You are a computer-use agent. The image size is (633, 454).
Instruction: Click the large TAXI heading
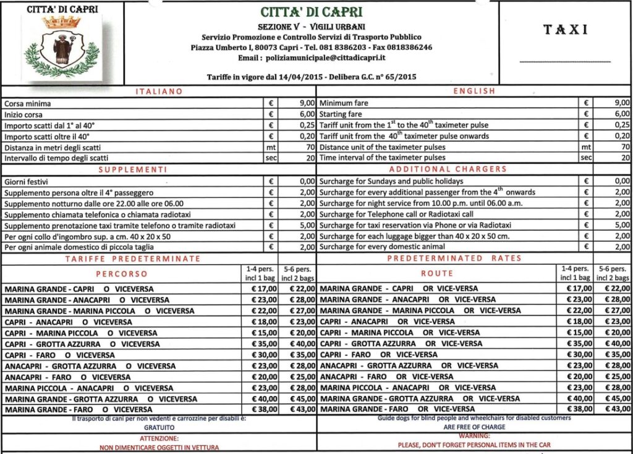[565, 30]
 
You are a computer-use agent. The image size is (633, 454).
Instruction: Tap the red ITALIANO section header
[159, 92]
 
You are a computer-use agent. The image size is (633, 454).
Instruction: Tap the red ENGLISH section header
[474, 92]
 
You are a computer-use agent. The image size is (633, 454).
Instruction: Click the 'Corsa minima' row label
[28, 103]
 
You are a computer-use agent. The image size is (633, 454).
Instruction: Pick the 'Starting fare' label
[341, 114]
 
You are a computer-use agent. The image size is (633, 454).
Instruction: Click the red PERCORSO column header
[122, 273]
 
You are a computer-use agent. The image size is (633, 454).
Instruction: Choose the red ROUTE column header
[436, 273]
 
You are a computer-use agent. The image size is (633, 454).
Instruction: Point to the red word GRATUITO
[159, 427]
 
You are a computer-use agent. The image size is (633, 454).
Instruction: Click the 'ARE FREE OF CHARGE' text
[474, 427]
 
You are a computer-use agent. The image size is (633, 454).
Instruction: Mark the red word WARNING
[474, 436]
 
